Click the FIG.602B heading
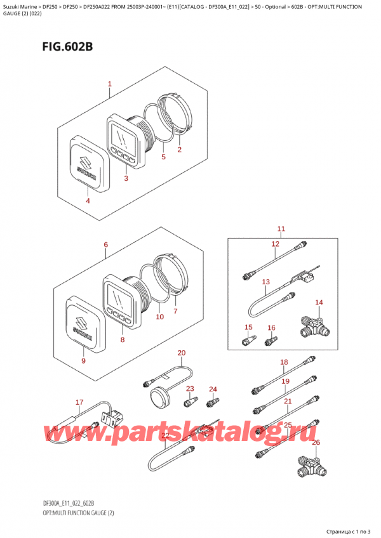click(x=67, y=46)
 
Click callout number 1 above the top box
click(x=109, y=84)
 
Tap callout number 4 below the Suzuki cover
click(x=88, y=200)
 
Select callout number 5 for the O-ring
click(x=164, y=157)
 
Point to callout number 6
click(x=106, y=244)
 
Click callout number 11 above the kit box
click(x=281, y=229)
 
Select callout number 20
click(x=182, y=353)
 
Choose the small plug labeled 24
click(x=213, y=402)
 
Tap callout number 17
click(x=79, y=402)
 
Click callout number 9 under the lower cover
click(x=83, y=360)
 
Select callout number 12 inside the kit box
click(x=275, y=244)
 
